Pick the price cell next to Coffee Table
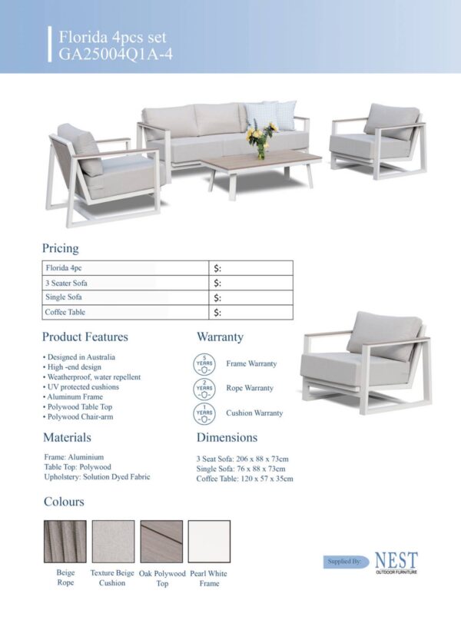pos(252,312)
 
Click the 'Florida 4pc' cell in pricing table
pos(65,268)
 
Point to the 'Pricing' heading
pos(60,248)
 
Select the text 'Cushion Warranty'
pos(254,413)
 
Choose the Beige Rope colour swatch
pos(65,542)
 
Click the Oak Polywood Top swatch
pos(162,542)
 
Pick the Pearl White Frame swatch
pos(209,542)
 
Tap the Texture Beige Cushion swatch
pos(113,542)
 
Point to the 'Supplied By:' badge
pos(344,562)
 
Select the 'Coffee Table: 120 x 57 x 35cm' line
pos(244,479)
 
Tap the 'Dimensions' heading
pos(227,437)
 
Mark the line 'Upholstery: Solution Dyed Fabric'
pos(97,477)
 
